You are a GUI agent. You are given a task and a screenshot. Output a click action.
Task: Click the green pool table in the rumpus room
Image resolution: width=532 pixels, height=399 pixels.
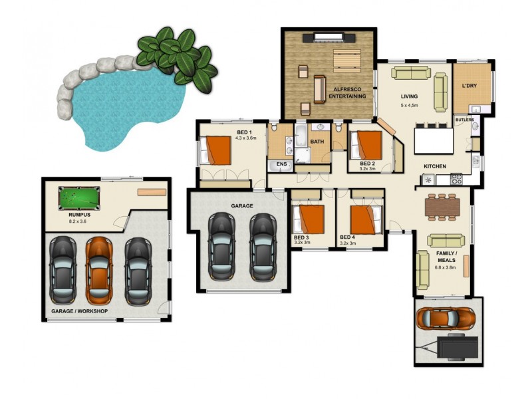(78, 198)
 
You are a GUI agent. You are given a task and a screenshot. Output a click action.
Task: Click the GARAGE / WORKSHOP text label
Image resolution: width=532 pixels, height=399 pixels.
(79, 311)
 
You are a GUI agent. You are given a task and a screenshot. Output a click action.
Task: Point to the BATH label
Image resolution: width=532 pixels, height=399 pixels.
(317, 141)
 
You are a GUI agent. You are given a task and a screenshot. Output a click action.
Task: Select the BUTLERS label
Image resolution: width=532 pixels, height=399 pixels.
(465, 120)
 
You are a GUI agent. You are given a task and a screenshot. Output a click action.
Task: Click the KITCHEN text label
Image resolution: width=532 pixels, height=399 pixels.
(435, 166)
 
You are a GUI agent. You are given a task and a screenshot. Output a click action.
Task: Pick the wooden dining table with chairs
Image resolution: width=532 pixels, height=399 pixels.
(442, 206)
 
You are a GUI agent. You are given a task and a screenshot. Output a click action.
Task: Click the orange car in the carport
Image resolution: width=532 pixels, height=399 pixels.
(446, 317)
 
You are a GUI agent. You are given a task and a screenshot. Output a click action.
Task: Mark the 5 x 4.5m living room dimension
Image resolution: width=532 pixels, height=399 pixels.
(410, 105)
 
